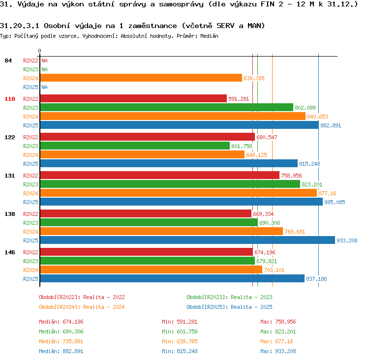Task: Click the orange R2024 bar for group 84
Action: coord(141,78)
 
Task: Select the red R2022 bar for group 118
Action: coord(133,98)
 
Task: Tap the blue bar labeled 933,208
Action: coord(187,240)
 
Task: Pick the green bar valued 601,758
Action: coord(135,146)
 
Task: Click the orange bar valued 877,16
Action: coord(179,193)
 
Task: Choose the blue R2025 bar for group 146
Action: coord(172,278)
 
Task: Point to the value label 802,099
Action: coord(305,108)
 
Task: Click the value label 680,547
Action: coord(267,137)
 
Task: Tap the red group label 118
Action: coord(10,99)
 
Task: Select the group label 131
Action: coord(10,176)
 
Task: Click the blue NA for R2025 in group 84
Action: coord(44,87)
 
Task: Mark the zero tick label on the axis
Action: coord(39,51)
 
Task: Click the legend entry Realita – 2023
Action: coord(251,297)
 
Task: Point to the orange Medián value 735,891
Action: coord(73,341)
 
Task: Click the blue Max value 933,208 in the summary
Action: coord(285,351)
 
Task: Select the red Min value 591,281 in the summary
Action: coord(187,322)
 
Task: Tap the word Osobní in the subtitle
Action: coord(57,26)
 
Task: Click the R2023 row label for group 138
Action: coord(31,223)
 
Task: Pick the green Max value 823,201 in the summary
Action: coord(285,331)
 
